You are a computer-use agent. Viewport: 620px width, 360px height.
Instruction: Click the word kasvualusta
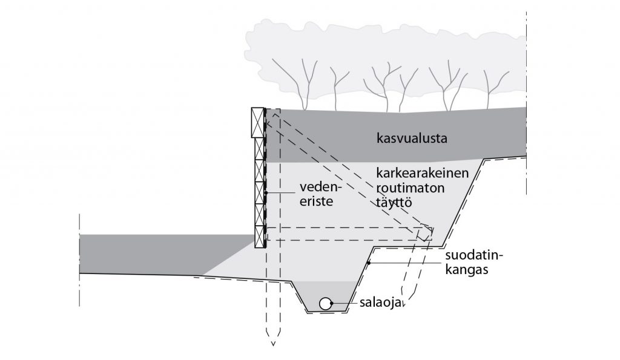coord(411,138)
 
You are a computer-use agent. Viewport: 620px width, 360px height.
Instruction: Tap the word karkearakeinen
coord(422,174)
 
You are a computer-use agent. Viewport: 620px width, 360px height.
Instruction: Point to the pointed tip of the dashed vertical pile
coord(273,342)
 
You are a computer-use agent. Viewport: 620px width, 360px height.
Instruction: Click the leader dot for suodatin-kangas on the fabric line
coord(368,263)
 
